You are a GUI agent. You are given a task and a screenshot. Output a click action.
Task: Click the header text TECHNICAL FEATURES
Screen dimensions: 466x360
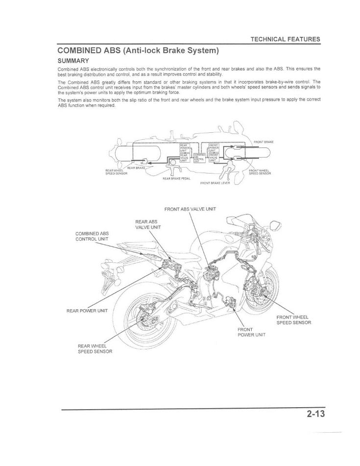pos(285,39)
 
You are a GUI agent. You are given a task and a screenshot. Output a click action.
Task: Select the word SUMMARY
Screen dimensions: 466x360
pos(73,61)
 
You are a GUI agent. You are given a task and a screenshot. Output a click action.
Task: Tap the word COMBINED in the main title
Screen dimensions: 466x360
pos(81,50)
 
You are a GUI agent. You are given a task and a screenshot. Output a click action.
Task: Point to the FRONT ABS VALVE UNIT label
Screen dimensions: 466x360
pos(190,209)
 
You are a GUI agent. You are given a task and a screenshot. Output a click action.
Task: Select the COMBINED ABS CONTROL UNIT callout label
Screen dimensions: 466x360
pos(92,236)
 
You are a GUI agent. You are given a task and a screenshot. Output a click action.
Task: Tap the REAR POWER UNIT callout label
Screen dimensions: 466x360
pos(87,310)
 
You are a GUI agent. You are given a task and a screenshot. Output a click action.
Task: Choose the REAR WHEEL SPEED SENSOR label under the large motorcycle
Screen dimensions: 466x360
pos(95,349)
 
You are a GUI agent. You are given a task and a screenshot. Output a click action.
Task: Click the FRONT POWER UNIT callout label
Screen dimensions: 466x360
pos(251,332)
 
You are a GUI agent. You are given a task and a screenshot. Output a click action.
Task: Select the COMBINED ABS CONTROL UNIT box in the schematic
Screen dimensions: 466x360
pos(199,157)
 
